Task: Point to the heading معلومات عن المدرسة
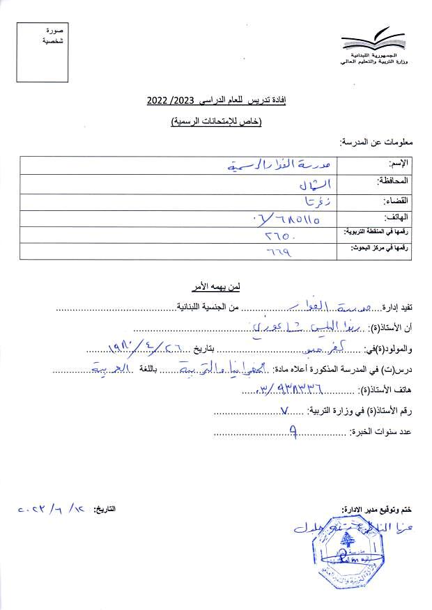click(376, 142)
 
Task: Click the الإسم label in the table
click(399, 163)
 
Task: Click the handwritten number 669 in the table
click(279, 252)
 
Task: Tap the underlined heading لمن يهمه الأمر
click(216, 286)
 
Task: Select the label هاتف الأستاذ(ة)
click(385, 391)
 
